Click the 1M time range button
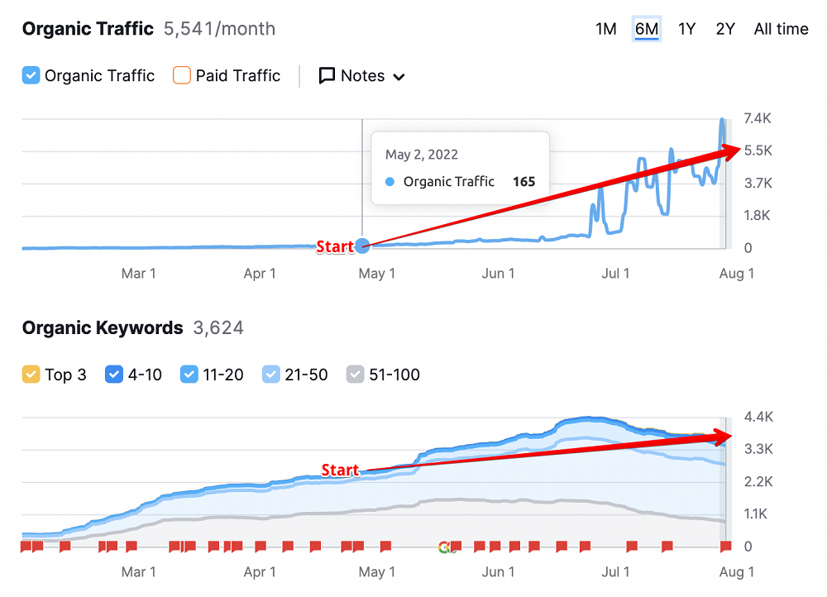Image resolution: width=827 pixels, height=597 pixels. (605, 29)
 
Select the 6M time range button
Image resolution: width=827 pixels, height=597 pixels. (647, 29)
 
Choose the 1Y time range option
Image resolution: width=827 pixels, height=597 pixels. (686, 29)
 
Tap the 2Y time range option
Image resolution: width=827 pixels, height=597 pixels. (725, 29)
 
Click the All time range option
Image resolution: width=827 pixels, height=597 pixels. (781, 29)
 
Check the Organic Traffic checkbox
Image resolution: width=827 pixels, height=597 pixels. (31, 76)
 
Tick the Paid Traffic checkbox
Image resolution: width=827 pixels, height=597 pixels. (182, 76)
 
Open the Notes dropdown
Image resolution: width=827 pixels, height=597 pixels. (362, 76)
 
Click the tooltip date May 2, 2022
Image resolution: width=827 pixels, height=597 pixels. (422, 155)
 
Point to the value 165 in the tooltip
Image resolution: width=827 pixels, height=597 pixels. (523, 182)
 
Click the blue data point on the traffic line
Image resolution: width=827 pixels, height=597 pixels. (361, 246)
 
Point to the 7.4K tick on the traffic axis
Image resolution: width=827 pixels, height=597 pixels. (758, 119)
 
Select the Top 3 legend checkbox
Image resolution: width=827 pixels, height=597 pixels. (31, 375)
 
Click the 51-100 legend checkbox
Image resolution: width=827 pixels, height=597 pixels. (355, 375)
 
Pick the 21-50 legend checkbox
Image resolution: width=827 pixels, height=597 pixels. (270, 375)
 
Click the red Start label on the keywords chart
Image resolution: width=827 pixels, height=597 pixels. (340, 470)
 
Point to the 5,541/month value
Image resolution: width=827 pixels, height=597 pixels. (219, 29)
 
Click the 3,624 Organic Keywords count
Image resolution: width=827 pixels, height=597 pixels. (218, 328)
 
